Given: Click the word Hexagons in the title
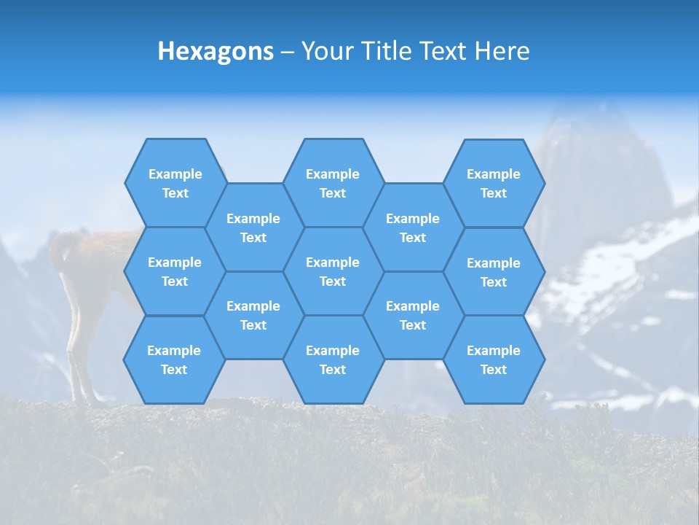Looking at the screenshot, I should [216, 51].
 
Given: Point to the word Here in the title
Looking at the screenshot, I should [502, 51].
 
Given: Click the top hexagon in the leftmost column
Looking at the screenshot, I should [175, 183].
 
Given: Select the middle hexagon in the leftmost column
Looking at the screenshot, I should [175, 271].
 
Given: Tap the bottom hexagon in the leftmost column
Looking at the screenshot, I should [174, 359].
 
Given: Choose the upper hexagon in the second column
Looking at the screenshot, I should [253, 227].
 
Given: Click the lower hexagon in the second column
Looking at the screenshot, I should [253, 315].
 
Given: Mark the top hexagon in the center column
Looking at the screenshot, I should [333, 183].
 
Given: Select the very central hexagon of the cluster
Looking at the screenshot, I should [333, 271].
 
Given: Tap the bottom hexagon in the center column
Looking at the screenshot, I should [333, 359].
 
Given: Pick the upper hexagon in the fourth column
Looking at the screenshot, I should [413, 227].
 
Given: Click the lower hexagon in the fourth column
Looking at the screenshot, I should [413, 315].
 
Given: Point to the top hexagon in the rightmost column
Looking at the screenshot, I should [494, 183].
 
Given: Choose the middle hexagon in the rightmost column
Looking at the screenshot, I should [494, 272].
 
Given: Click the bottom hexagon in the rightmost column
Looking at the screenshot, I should [494, 359].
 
